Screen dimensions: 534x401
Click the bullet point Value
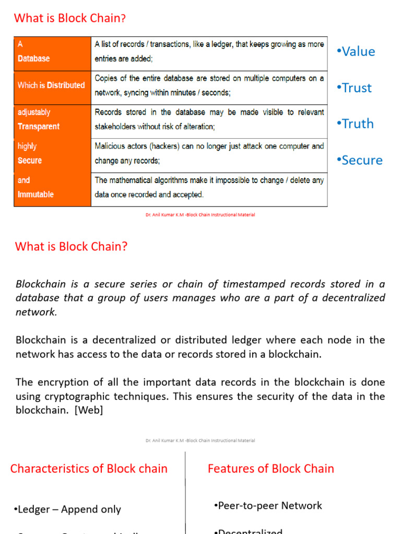point(356,52)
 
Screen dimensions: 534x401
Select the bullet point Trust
point(355,88)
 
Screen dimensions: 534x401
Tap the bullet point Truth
point(356,124)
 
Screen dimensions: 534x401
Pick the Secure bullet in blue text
point(360,160)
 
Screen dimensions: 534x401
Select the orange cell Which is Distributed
point(52,85)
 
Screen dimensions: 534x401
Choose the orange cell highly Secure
point(52,154)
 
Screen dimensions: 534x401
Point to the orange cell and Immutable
point(52,188)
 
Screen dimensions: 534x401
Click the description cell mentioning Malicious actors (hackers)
point(209,154)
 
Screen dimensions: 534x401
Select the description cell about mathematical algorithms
point(209,188)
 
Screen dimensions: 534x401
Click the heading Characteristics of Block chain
point(89,468)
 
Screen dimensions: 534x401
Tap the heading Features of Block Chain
point(270,468)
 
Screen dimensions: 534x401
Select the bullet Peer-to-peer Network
point(268,505)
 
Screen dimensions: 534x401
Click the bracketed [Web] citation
point(89,410)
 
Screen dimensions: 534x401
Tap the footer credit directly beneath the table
point(200,215)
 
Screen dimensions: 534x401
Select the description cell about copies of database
point(209,85)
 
